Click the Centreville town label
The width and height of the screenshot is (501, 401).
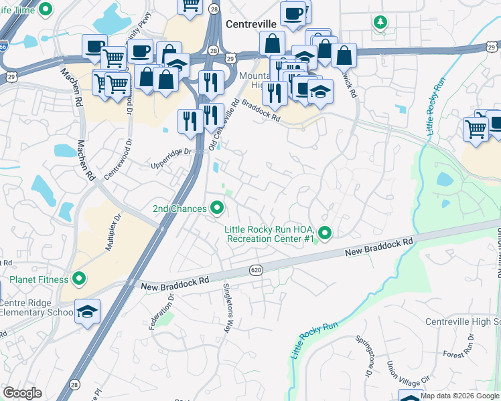(251, 24)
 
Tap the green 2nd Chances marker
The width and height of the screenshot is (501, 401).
(217, 209)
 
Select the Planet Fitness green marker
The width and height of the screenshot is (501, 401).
(78, 279)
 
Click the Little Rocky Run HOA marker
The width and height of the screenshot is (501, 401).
(325, 233)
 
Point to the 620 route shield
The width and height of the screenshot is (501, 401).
(258, 270)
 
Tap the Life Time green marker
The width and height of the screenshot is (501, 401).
(46, 9)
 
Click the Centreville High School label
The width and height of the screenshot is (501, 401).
(462, 322)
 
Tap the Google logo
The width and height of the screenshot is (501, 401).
(22, 393)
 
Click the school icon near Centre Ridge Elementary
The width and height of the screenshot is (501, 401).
(87, 311)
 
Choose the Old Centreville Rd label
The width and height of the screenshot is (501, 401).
(224, 124)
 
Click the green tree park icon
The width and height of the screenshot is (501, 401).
(380, 22)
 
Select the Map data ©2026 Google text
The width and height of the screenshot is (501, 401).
(459, 396)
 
